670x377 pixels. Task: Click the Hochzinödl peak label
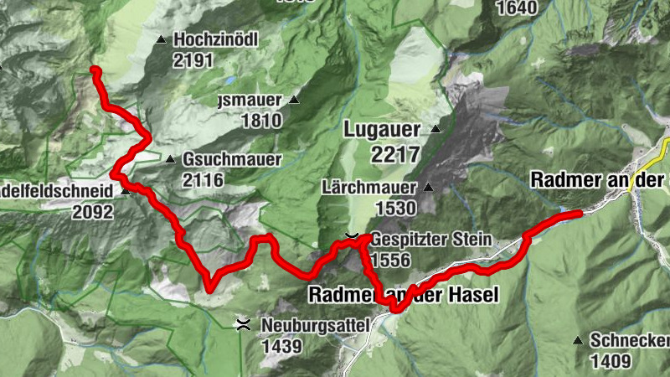(215, 39)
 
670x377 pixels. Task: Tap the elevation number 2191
(194, 60)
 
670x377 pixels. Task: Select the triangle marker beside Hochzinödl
(161, 39)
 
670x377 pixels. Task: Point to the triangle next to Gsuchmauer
(170, 159)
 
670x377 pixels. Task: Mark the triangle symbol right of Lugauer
(435, 130)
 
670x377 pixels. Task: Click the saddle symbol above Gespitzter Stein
(353, 236)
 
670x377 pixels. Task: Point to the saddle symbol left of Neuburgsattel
(243, 323)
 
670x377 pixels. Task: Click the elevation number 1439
(281, 343)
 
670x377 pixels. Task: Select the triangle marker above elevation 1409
(578, 340)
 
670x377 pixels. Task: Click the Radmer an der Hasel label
(404, 295)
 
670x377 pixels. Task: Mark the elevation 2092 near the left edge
(92, 212)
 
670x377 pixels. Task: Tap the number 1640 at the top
(515, 9)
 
